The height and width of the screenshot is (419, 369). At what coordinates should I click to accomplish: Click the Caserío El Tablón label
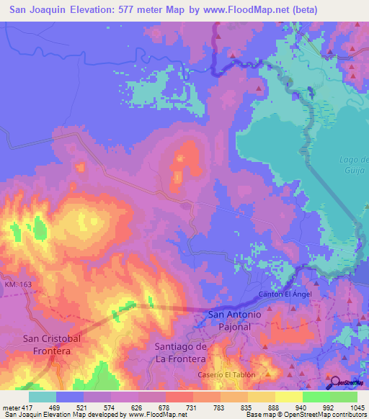(226, 375)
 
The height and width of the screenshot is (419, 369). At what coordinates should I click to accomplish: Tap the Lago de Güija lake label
(354, 163)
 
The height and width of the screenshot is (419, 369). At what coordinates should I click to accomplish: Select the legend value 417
(28, 407)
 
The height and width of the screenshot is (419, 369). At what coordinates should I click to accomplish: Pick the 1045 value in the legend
(357, 407)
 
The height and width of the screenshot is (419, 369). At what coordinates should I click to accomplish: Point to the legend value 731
(193, 407)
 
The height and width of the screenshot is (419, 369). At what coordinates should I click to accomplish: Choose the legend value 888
(275, 407)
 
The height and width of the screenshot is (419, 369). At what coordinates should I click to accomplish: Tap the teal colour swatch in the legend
(43, 396)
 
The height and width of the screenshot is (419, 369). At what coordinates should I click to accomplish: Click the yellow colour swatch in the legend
(289, 396)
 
